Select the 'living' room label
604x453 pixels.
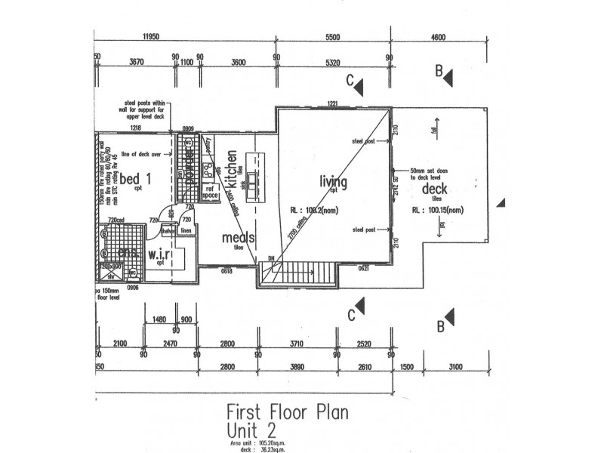(333, 182)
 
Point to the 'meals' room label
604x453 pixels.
(239, 238)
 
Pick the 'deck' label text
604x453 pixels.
(436, 189)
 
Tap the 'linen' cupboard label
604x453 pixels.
(186, 230)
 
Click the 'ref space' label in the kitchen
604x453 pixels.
(211, 193)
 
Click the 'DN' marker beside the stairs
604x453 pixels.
(273, 258)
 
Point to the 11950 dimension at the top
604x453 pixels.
(154, 36)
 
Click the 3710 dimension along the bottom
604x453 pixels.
(296, 344)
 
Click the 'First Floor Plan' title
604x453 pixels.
(287, 414)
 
